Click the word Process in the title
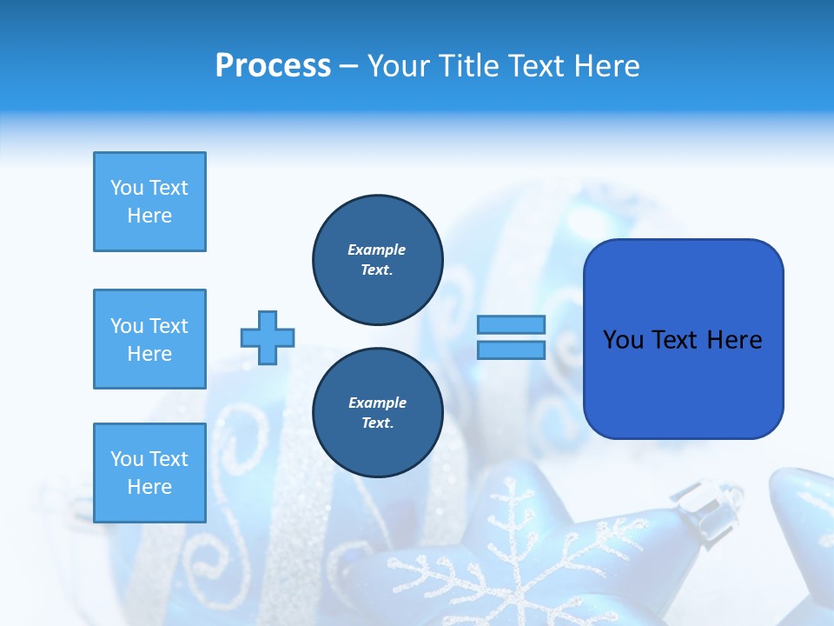(x=273, y=66)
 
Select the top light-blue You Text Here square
(x=149, y=202)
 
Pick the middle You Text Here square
(x=149, y=339)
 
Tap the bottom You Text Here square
(x=149, y=472)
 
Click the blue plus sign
(x=268, y=337)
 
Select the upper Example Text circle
(x=377, y=260)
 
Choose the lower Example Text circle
(x=377, y=413)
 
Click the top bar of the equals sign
(x=511, y=324)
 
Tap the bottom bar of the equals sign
(x=511, y=350)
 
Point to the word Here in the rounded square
(x=734, y=339)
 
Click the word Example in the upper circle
(x=377, y=250)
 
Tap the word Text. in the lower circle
(x=377, y=423)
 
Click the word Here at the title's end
(x=607, y=66)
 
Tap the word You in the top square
(x=127, y=188)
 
